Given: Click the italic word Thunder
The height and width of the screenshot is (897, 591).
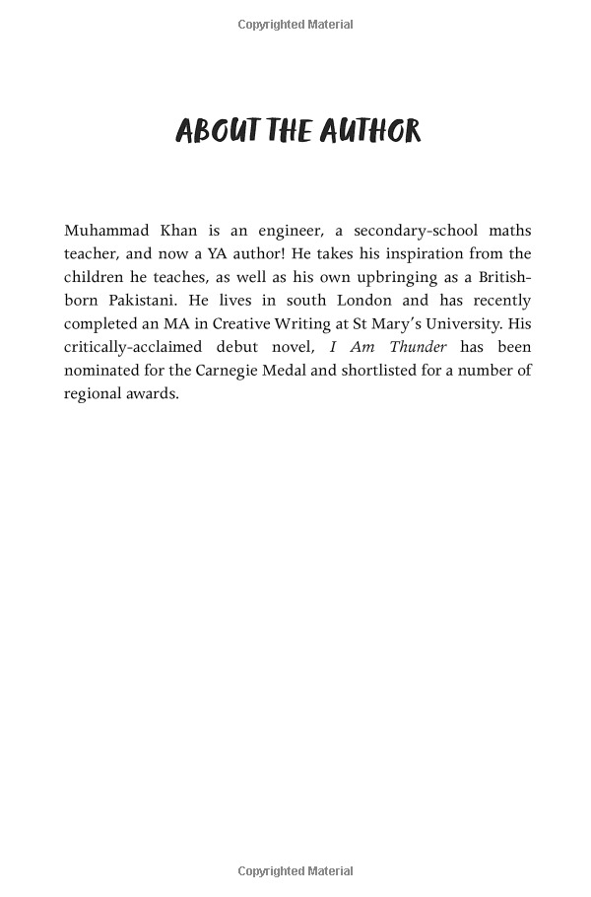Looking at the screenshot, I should [418, 347].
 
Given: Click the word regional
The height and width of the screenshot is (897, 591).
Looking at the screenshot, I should [94, 393].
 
